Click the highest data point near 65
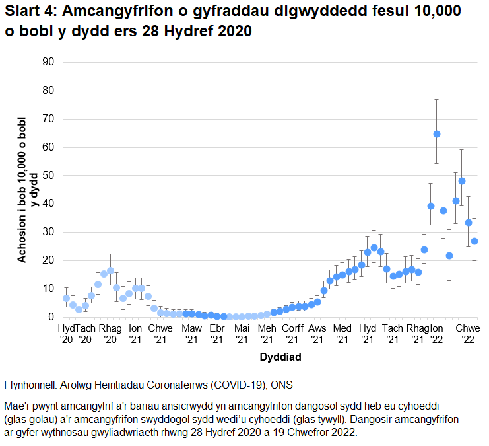pos(437,134)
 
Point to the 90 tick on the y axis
pos(48,62)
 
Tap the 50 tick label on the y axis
pos(48,175)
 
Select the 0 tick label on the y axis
pos(50,317)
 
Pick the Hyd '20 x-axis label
pos(67,333)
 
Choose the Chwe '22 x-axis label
pos(468,333)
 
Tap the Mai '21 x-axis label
pos(242,333)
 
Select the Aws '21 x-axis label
pos(317,333)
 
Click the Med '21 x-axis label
pos(342,333)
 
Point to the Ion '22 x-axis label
pos(436,333)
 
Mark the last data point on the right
pos(474,241)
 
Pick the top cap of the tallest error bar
pos(437,99)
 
